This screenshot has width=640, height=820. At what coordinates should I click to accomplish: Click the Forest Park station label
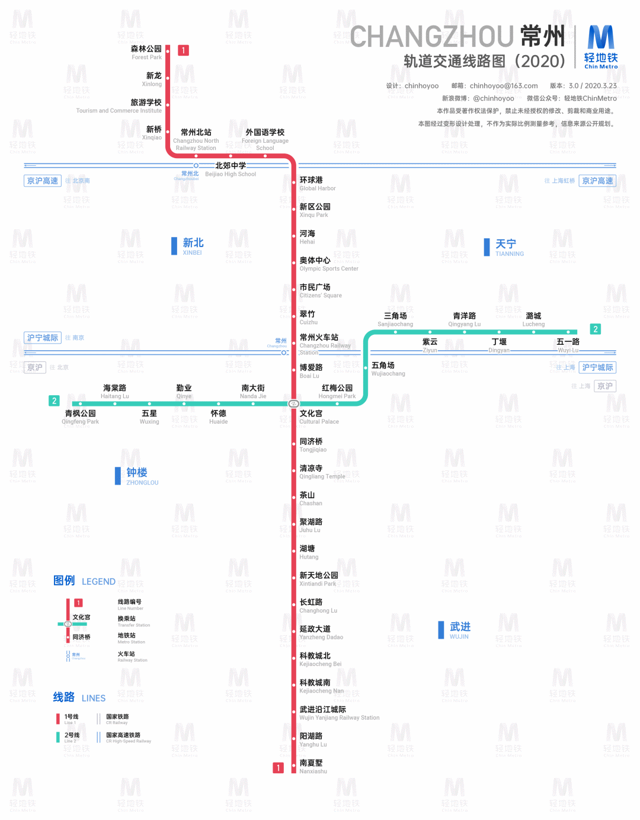point(146,53)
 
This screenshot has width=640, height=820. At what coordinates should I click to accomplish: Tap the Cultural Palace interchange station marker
point(293,403)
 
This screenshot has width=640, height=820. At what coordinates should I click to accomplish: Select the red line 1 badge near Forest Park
point(184,50)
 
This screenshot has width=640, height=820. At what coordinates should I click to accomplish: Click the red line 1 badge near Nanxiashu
point(278,768)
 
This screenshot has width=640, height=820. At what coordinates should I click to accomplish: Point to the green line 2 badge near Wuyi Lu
point(596,329)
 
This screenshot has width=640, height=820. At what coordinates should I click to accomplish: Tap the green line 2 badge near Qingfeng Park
point(54,401)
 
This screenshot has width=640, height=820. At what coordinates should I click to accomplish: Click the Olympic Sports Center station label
point(328,264)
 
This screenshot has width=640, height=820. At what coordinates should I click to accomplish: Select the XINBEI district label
point(193,246)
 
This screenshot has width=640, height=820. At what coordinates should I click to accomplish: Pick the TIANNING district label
point(508,247)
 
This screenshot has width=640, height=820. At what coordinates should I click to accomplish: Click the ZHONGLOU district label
point(141,476)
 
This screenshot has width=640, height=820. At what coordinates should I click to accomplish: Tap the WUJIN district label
point(459,630)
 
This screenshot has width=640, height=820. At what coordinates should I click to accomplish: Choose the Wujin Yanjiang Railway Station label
point(339,713)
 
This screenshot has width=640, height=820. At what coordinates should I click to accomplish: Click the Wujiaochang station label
point(388,369)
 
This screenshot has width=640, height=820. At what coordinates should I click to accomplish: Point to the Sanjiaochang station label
point(395,319)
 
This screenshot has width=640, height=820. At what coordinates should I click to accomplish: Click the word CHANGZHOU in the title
point(432,37)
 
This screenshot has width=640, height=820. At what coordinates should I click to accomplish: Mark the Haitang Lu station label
point(114,392)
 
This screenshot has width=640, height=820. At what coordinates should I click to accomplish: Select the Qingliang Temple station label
point(321,472)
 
